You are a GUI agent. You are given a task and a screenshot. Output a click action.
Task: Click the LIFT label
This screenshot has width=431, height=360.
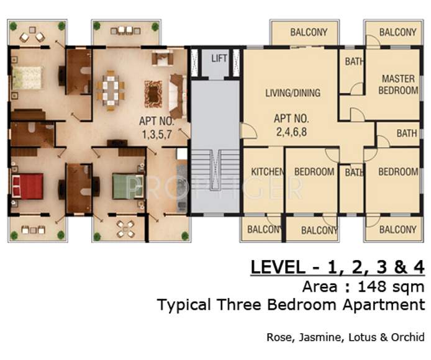219,58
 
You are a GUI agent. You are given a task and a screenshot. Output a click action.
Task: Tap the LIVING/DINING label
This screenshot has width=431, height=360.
293,93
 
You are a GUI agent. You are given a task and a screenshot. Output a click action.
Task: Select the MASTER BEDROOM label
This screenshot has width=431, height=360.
398,84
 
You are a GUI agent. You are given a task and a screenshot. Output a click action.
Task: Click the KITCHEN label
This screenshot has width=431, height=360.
268,172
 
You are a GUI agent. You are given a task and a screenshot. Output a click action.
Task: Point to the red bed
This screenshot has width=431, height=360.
27,186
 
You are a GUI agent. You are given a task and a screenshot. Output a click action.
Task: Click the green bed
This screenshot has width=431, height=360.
128,186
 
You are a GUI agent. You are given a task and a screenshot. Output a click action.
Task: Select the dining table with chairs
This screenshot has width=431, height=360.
111,91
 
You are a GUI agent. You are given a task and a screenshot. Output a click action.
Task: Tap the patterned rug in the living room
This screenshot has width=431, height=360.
153,94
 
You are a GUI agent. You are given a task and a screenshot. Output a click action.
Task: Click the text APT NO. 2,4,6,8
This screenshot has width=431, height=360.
291,125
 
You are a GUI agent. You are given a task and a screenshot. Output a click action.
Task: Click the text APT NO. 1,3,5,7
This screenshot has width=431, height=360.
157,128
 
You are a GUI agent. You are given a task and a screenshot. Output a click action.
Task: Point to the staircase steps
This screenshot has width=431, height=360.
215,170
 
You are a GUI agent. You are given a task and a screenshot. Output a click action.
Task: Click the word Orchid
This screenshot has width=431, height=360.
407,337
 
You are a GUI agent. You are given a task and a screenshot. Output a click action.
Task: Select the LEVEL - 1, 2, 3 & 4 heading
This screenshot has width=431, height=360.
338,267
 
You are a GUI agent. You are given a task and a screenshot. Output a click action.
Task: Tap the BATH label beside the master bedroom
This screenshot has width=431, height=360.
355,61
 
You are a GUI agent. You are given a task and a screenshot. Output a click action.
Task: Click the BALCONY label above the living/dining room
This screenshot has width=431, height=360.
309,32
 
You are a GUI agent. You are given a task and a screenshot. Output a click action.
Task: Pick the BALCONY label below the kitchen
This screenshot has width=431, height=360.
263,230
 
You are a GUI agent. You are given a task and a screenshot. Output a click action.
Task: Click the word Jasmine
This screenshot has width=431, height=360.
321,337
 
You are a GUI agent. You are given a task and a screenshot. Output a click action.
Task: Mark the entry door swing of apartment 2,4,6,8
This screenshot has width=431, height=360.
249,131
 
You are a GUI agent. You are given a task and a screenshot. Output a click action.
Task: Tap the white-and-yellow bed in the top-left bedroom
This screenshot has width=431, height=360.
27,78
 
